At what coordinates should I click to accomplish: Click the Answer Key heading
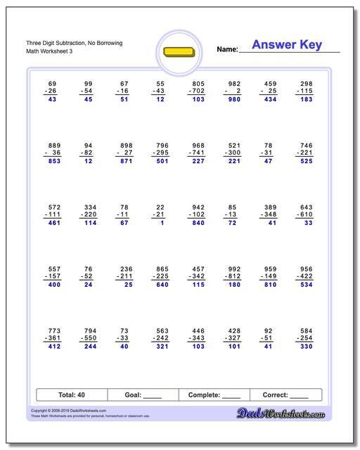click(x=287, y=45)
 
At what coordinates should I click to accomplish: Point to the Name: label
click(x=227, y=50)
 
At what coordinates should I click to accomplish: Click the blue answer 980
click(x=234, y=99)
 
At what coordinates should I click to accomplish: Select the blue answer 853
click(x=51, y=161)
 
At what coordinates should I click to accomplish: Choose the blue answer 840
click(x=198, y=223)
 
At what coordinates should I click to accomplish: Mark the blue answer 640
click(x=160, y=285)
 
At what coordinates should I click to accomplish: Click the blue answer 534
click(x=307, y=285)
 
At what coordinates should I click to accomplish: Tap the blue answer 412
click(x=51, y=347)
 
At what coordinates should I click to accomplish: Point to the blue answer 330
click(x=307, y=347)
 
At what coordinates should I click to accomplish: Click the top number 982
click(x=234, y=83)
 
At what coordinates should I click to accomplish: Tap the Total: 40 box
click(x=71, y=395)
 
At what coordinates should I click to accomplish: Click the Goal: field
click(x=143, y=395)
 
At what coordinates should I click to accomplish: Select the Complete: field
click(x=214, y=395)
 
